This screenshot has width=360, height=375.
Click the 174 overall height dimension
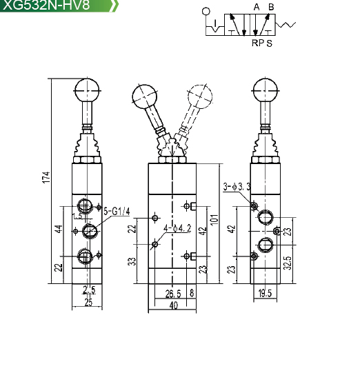pos(46,177)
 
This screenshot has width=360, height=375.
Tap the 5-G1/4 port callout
pos(117,212)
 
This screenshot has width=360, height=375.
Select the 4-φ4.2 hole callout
pos(177,228)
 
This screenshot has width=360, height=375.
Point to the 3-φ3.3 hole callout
pos(237,187)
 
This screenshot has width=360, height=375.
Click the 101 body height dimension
pos(214,219)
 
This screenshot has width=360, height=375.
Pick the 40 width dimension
pos(173,305)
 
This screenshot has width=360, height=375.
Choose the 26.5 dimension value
pos(173,294)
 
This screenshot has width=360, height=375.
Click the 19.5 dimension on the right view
pos(265,293)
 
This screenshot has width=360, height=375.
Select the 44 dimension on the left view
pos(59,228)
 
